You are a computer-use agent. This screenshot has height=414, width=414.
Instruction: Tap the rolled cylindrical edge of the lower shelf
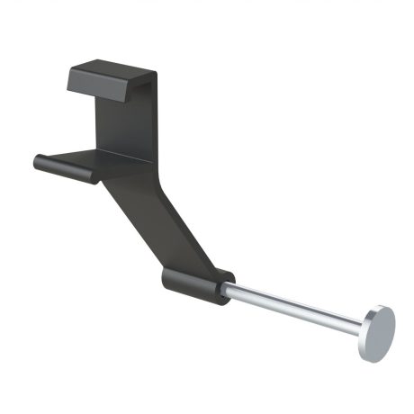(67, 168)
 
